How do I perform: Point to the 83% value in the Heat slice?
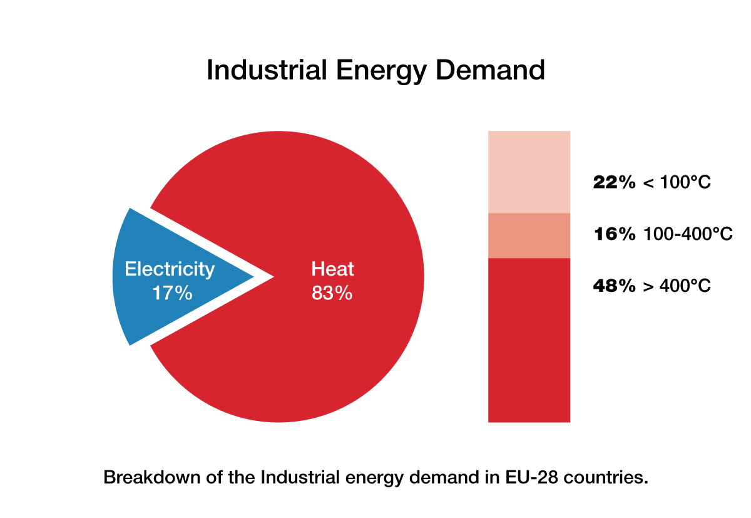click(x=332, y=293)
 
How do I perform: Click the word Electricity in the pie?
click(x=170, y=269)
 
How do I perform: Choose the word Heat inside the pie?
click(x=332, y=269)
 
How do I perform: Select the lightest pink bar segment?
click(x=529, y=172)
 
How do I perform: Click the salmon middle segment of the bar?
click(x=529, y=236)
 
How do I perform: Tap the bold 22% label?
click(x=614, y=183)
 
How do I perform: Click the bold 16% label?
click(x=614, y=234)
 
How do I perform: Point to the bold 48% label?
click(x=614, y=286)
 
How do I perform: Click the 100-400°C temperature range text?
click(x=688, y=234)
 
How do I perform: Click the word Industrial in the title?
click(x=267, y=70)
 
